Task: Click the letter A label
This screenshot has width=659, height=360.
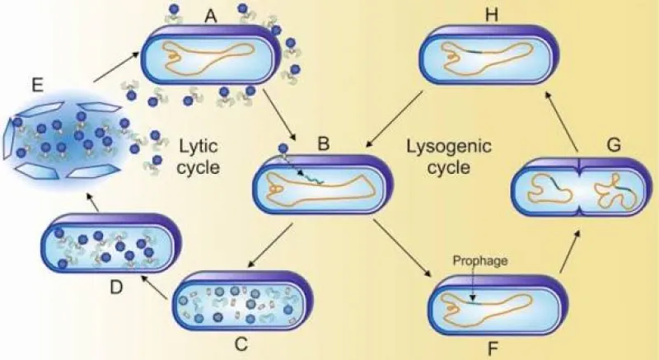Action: [x=211, y=16]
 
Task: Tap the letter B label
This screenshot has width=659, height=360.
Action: [x=323, y=144]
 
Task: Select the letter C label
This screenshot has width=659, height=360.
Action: [x=241, y=344]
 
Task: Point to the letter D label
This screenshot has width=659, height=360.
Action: [x=116, y=288]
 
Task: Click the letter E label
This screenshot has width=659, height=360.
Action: [x=37, y=86]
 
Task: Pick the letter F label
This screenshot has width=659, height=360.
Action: [x=493, y=348]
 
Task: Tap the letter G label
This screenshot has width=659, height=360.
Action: [x=614, y=145]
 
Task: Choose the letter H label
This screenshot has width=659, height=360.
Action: [x=491, y=15]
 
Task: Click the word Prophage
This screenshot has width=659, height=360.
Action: [x=480, y=261]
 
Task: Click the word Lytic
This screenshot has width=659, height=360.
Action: [x=199, y=147]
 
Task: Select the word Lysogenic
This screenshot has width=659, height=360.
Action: [x=449, y=147]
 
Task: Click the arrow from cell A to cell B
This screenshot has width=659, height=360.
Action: [x=280, y=115]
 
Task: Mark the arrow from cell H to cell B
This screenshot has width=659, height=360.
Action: [x=394, y=120]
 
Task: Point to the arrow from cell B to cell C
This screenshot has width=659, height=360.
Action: [x=270, y=245]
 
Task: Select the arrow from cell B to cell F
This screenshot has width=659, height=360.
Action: [x=403, y=248]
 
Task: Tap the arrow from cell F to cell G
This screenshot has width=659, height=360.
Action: [x=571, y=250]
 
